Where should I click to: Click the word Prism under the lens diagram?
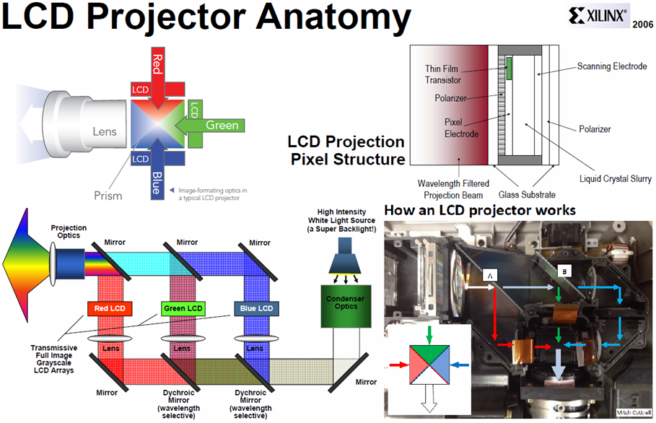pos(108,196)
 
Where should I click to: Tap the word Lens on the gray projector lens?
pos(105,131)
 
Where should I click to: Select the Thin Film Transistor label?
pos(442,75)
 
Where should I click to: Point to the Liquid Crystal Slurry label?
pos(614,178)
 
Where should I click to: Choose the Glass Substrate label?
pos(528,195)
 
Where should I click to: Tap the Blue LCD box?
pos(255,309)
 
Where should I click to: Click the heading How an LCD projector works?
pos(480,211)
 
